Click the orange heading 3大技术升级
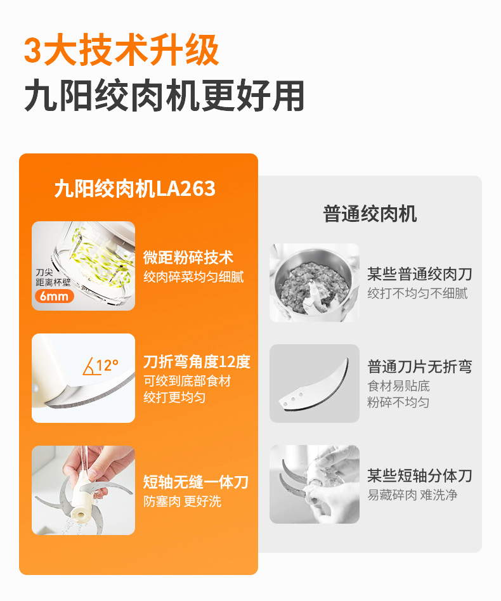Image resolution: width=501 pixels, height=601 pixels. (122, 50)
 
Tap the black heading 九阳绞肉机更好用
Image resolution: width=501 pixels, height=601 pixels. (164, 96)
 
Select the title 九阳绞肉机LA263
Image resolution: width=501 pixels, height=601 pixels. (135, 188)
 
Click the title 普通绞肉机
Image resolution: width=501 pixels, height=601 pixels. (370, 214)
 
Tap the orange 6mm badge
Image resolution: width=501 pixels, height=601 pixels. (55, 296)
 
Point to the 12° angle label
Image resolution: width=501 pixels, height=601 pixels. (107, 365)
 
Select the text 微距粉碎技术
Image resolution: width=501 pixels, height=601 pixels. (188, 257)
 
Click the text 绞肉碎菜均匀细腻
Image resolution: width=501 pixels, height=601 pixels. (193, 277)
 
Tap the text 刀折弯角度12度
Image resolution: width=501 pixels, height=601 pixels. (197, 362)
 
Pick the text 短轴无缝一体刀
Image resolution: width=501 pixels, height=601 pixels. (196, 482)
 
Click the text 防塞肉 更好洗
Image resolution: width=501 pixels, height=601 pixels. (183, 501)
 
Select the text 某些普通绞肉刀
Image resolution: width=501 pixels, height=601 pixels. (420, 274)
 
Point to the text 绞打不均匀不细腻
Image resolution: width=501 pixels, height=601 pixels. (417, 294)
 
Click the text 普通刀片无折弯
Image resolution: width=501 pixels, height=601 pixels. (420, 367)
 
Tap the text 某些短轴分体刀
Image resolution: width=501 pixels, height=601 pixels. (420, 475)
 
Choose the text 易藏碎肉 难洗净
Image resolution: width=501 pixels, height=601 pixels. (412, 495)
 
